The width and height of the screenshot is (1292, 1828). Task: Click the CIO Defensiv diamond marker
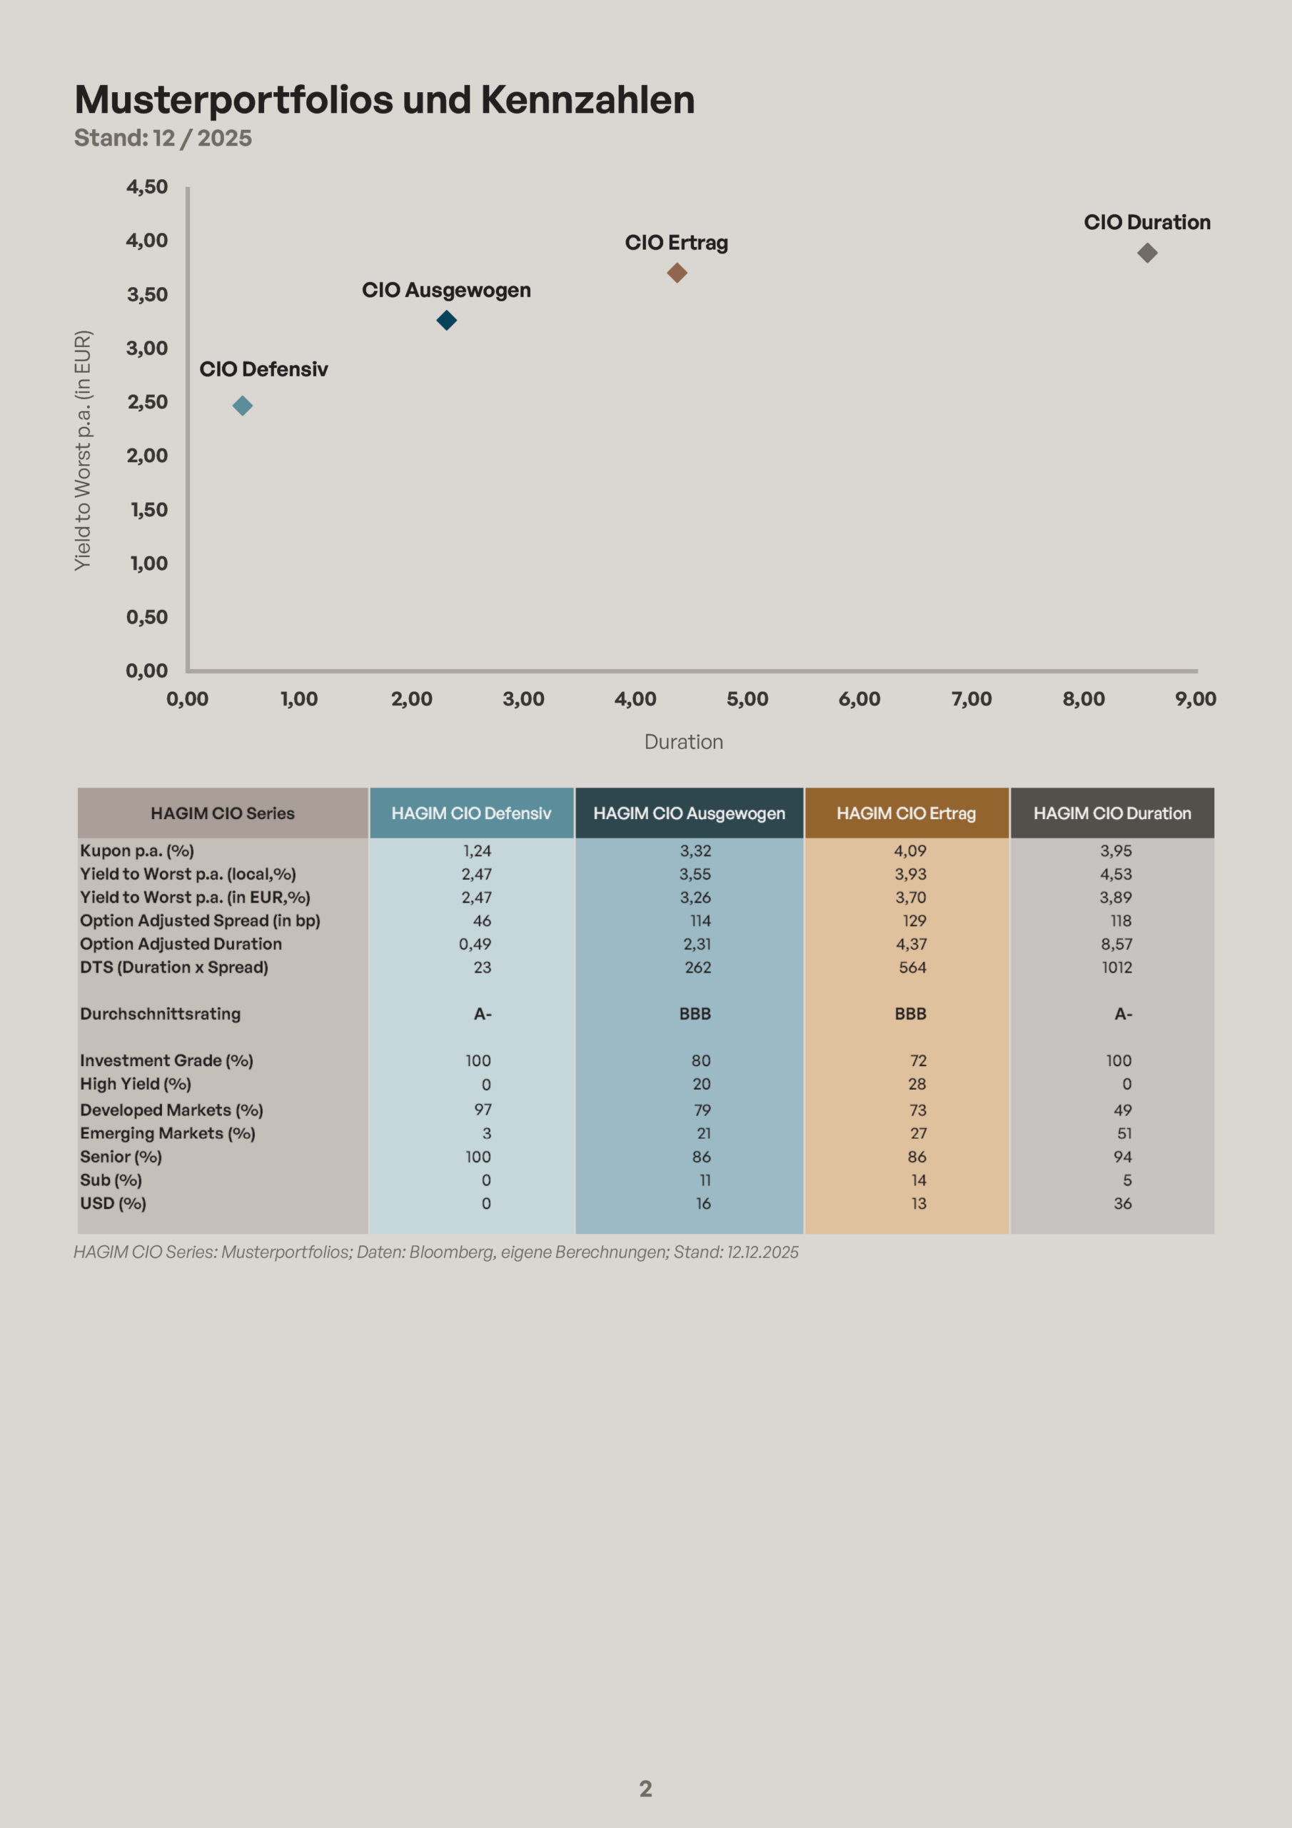click(243, 406)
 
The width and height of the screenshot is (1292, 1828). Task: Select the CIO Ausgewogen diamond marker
click(447, 320)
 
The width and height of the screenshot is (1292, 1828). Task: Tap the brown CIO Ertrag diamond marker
click(677, 273)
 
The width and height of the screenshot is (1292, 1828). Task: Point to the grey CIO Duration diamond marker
click(1147, 253)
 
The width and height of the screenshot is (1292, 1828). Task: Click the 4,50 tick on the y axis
click(147, 187)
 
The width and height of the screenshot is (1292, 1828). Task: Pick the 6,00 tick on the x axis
click(859, 699)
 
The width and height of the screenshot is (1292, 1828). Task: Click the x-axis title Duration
click(684, 742)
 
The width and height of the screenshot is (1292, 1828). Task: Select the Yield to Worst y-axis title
click(83, 450)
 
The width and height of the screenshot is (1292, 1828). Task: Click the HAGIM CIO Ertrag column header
click(906, 813)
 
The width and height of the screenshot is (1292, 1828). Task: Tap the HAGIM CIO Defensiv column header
click(471, 813)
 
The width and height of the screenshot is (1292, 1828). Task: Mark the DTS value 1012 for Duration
click(1116, 968)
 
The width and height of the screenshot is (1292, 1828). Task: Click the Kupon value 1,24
click(477, 850)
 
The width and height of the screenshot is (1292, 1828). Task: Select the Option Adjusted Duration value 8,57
click(1116, 944)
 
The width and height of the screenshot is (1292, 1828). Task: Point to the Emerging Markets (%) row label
click(167, 1133)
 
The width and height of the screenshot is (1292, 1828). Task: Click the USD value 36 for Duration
click(1122, 1203)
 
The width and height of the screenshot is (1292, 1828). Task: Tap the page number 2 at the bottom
click(645, 1789)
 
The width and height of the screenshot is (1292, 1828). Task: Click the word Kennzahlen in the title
click(587, 100)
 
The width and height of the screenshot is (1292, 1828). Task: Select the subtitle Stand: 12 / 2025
click(163, 138)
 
